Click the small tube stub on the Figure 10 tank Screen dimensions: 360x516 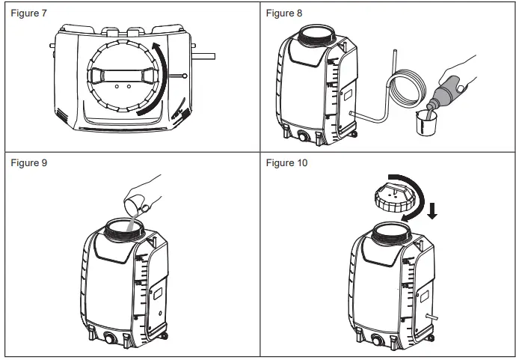(429, 317)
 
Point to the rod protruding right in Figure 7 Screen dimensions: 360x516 (204, 55)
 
